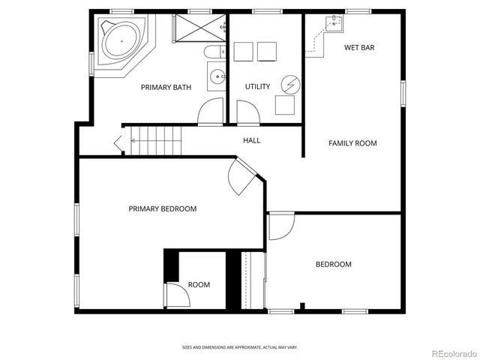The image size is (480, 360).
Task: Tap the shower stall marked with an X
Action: coord(198,28)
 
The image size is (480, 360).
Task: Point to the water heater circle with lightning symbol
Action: coord(288,83)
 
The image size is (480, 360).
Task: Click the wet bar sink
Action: coord(332,24)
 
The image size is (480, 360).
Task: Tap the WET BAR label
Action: coord(359,48)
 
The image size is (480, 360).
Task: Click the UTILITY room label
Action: coord(257,87)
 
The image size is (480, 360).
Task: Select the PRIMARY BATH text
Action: coord(166,88)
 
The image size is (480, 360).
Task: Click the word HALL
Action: coord(251,140)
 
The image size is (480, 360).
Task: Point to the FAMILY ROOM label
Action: coord(352,143)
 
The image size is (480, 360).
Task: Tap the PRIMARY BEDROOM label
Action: coord(162,209)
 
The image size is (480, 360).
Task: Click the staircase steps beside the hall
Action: coord(157,139)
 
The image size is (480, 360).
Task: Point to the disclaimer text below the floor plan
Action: coord(240,347)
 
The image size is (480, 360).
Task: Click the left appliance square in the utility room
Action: coord(243,52)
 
